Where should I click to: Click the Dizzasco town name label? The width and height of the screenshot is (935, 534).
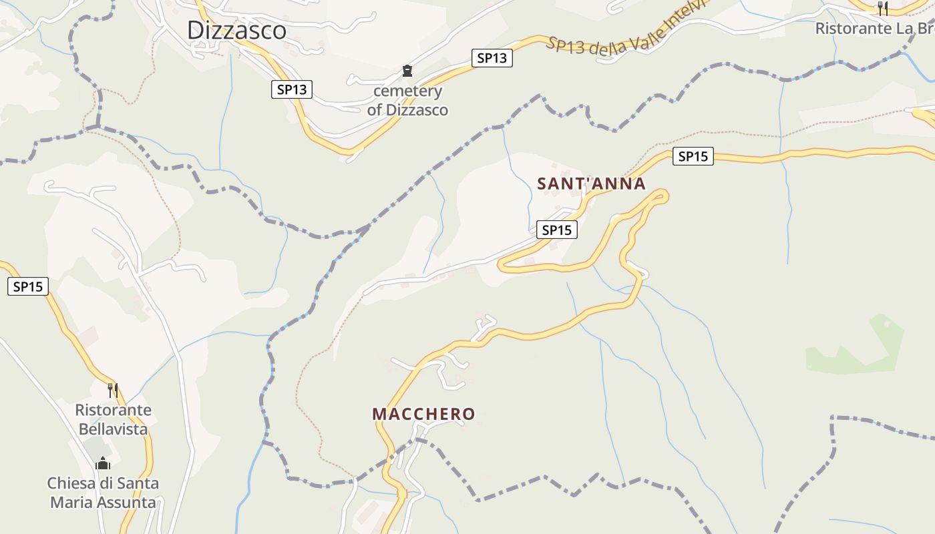coord(236,30)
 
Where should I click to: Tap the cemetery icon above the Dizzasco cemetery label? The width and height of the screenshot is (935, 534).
coord(407,71)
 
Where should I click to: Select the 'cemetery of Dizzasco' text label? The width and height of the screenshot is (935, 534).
coord(407,101)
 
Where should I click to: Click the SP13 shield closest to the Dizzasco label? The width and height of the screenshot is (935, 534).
coord(292,89)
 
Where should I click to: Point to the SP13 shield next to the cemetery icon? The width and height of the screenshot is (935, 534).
coord(492,58)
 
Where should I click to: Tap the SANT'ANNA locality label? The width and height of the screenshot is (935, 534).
coord(591,184)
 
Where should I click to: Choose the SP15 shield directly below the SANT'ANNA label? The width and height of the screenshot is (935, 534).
coord(557,230)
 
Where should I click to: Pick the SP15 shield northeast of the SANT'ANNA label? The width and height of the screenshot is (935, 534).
coord(693,156)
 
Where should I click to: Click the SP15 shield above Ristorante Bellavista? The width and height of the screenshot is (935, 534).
coord(28,287)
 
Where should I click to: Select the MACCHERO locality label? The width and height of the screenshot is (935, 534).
coord(423,414)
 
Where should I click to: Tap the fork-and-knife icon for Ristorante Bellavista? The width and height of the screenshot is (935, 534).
coord(113,390)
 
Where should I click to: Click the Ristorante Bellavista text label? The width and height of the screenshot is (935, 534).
coord(113,419)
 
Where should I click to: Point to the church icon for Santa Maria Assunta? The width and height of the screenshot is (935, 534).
coord(103,463)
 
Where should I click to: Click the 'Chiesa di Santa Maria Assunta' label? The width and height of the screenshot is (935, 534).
coord(103,492)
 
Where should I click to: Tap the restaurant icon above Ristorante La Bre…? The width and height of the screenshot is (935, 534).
coord(883,8)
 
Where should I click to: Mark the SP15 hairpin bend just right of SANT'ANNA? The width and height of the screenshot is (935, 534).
coord(663,195)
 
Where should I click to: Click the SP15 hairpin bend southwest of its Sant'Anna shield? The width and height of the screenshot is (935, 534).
coord(502,265)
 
